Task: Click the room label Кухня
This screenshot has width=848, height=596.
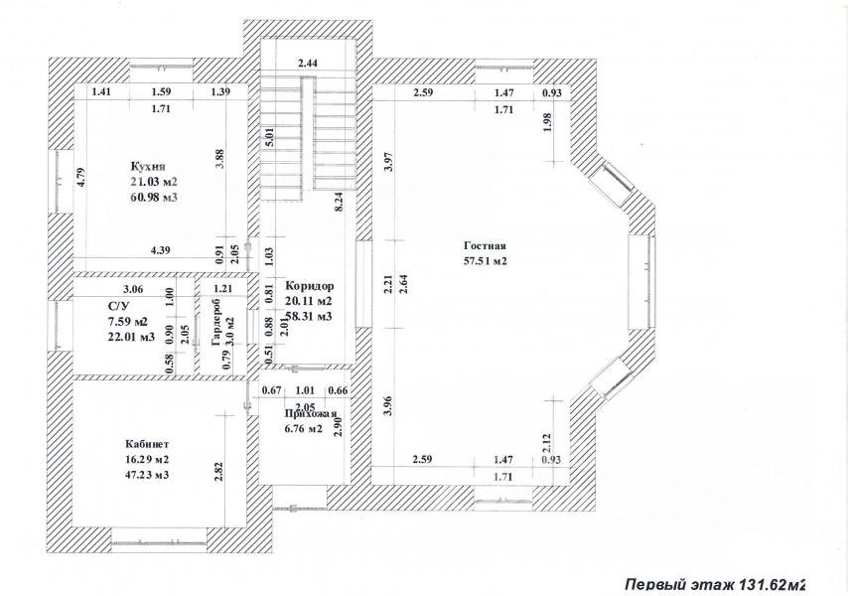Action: click(148, 166)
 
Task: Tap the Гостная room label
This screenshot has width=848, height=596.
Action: click(486, 245)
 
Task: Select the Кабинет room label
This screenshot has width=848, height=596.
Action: click(148, 444)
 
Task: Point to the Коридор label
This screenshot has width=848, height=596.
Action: click(310, 285)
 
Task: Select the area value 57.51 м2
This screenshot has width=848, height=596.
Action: click(486, 260)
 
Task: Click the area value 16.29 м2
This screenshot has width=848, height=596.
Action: click(147, 460)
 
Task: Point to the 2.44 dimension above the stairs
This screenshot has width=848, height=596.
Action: click(308, 63)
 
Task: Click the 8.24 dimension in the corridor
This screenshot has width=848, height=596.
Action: click(338, 204)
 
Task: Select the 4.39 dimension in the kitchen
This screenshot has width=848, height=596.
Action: click(160, 250)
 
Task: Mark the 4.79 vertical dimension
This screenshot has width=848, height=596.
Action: click(80, 178)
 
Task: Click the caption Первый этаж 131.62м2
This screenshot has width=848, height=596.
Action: click(715, 584)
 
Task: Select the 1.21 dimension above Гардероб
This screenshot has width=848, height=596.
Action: click(222, 289)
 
